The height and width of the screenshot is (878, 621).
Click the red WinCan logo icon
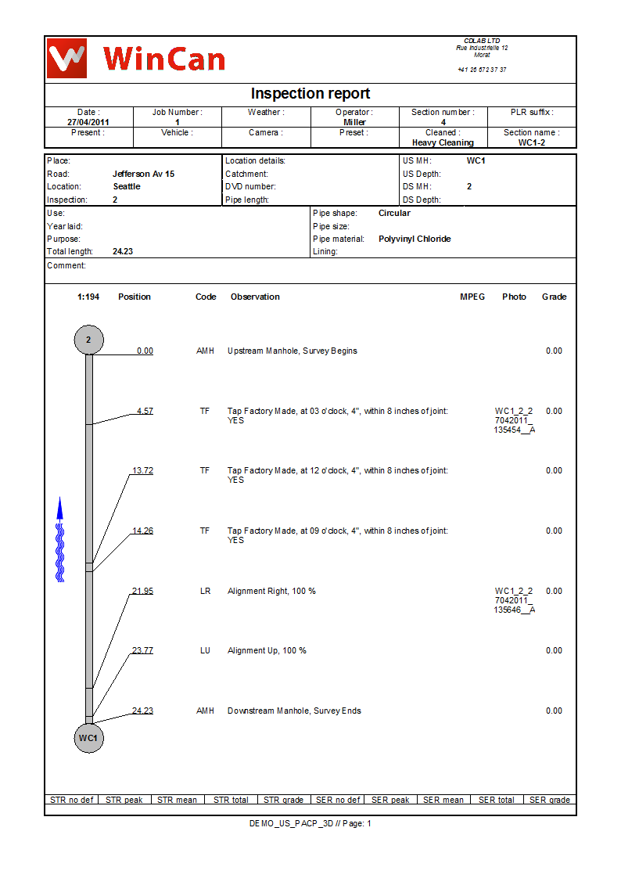pyautogui.click(x=66, y=58)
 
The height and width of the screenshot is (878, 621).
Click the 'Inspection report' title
pyautogui.click(x=310, y=94)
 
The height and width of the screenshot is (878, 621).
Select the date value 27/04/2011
pyautogui.click(x=88, y=122)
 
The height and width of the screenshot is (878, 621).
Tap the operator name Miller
pyautogui.click(x=354, y=122)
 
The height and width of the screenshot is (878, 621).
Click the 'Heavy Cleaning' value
pyautogui.click(x=443, y=143)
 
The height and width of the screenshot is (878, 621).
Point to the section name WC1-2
pyautogui.click(x=532, y=143)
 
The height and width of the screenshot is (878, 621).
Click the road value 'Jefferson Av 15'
pyautogui.click(x=143, y=174)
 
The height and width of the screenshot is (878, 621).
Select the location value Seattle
pyautogui.click(x=127, y=187)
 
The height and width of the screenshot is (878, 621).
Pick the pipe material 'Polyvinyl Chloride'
pyautogui.click(x=415, y=239)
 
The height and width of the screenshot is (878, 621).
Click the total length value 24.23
pyautogui.click(x=122, y=252)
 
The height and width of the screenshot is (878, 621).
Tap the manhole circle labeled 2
pyautogui.click(x=88, y=340)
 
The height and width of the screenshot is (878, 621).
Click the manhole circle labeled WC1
pyautogui.click(x=88, y=738)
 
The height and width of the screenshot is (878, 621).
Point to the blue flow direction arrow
pyautogui.click(x=59, y=540)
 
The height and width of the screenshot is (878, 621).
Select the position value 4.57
pyautogui.click(x=145, y=411)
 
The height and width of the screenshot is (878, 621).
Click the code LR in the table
pyautogui.click(x=205, y=591)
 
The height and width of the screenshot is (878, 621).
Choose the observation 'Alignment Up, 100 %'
pyautogui.click(x=267, y=651)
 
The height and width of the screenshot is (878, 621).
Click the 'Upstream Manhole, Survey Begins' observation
pyautogui.click(x=292, y=351)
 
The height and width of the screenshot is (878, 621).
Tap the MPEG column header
pyautogui.click(x=472, y=297)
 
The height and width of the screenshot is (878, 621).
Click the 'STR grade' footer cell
pyautogui.click(x=283, y=800)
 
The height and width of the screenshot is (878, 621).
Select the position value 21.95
pyautogui.click(x=142, y=591)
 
